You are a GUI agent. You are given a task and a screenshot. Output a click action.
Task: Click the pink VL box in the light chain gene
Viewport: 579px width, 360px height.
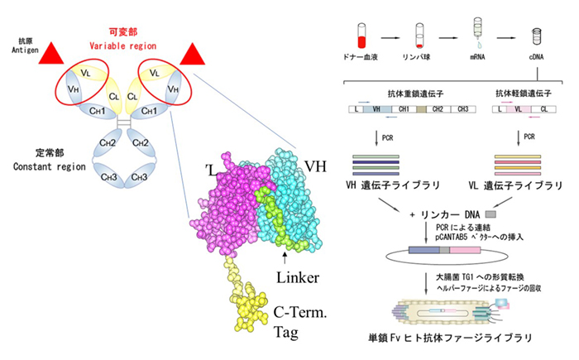[x=519, y=109]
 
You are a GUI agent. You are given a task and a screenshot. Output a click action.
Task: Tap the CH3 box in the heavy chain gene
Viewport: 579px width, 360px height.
[x=466, y=109]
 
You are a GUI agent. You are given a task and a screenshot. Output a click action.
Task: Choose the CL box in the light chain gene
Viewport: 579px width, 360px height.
[x=543, y=109]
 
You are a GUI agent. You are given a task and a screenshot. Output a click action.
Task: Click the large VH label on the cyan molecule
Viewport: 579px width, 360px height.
[x=318, y=165]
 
